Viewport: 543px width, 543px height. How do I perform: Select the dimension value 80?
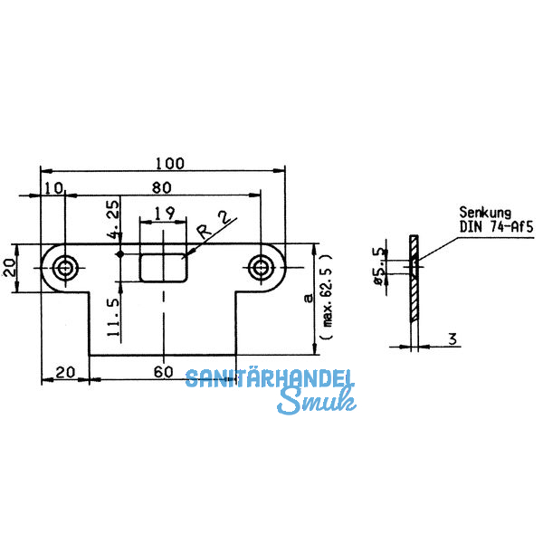pyautogui.click(x=163, y=188)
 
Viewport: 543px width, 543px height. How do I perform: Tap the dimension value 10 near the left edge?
pyautogui.click(x=53, y=188)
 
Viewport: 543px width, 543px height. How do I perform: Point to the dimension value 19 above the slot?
pyautogui.click(x=164, y=214)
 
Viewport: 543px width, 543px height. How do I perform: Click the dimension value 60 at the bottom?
pyautogui.click(x=163, y=372)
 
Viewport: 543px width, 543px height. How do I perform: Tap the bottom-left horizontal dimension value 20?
pyautogui.click(x=64, y=372)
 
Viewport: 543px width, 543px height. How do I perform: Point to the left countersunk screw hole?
pyautogui.click(x=65, y=267)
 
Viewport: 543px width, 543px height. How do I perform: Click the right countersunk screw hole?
pyautogui.click(x=262, y=267)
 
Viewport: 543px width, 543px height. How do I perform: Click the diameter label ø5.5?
pyautogui.click(x=380, y=266)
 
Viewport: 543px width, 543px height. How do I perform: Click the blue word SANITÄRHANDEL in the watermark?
pyautogui.click(x=271, y=379)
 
